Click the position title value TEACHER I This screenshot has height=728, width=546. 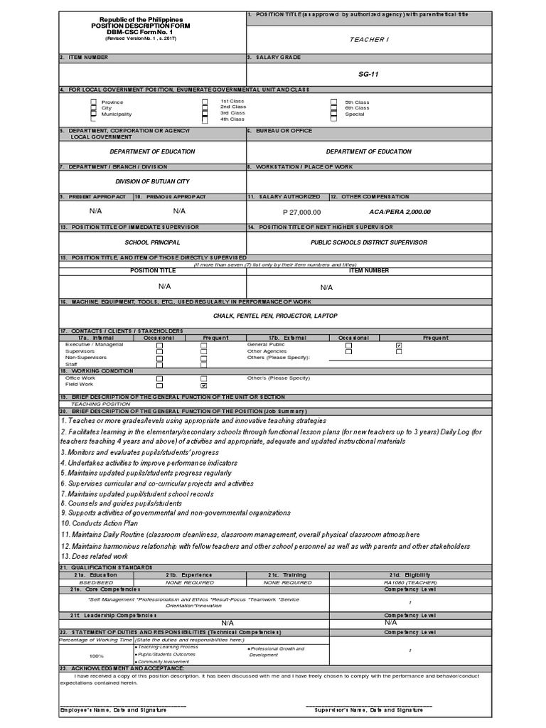click(368, 39)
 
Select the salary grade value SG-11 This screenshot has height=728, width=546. click(368, 73)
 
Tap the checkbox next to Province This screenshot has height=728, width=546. click(93, 102)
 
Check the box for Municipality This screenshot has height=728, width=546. click(93, 114)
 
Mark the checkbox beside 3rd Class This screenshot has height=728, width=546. click(205, 113)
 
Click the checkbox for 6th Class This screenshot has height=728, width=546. click(333, 108)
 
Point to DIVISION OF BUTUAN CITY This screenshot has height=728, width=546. click(152, 181)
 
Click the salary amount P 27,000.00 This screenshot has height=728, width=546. click(301, 212)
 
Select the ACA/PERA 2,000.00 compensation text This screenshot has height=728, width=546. click(400, 212)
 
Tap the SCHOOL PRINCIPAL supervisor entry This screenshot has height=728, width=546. click(152, 242)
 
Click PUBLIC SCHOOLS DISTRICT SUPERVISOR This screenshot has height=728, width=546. click(368, 242)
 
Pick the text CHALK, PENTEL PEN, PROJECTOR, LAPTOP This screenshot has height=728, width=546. click(275, 316)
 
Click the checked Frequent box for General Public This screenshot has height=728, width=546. click(399, 346)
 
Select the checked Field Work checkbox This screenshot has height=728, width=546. click(204, 385)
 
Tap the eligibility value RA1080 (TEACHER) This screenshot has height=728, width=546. click(409, 582)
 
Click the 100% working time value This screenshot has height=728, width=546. click(96, 655)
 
